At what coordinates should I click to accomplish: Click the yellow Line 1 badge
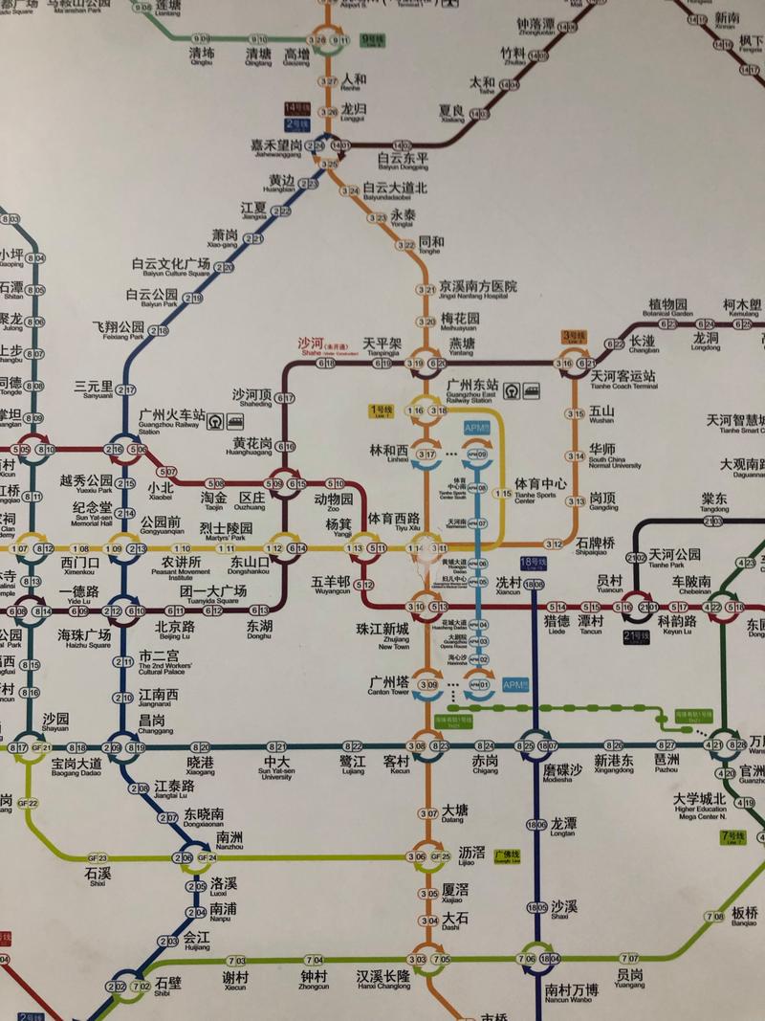[382, 411]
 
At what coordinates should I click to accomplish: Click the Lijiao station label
[471, 855]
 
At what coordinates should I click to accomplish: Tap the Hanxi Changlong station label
[383, 976]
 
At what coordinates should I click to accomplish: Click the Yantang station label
[462, 345]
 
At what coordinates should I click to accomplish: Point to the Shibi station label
[168, 983]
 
